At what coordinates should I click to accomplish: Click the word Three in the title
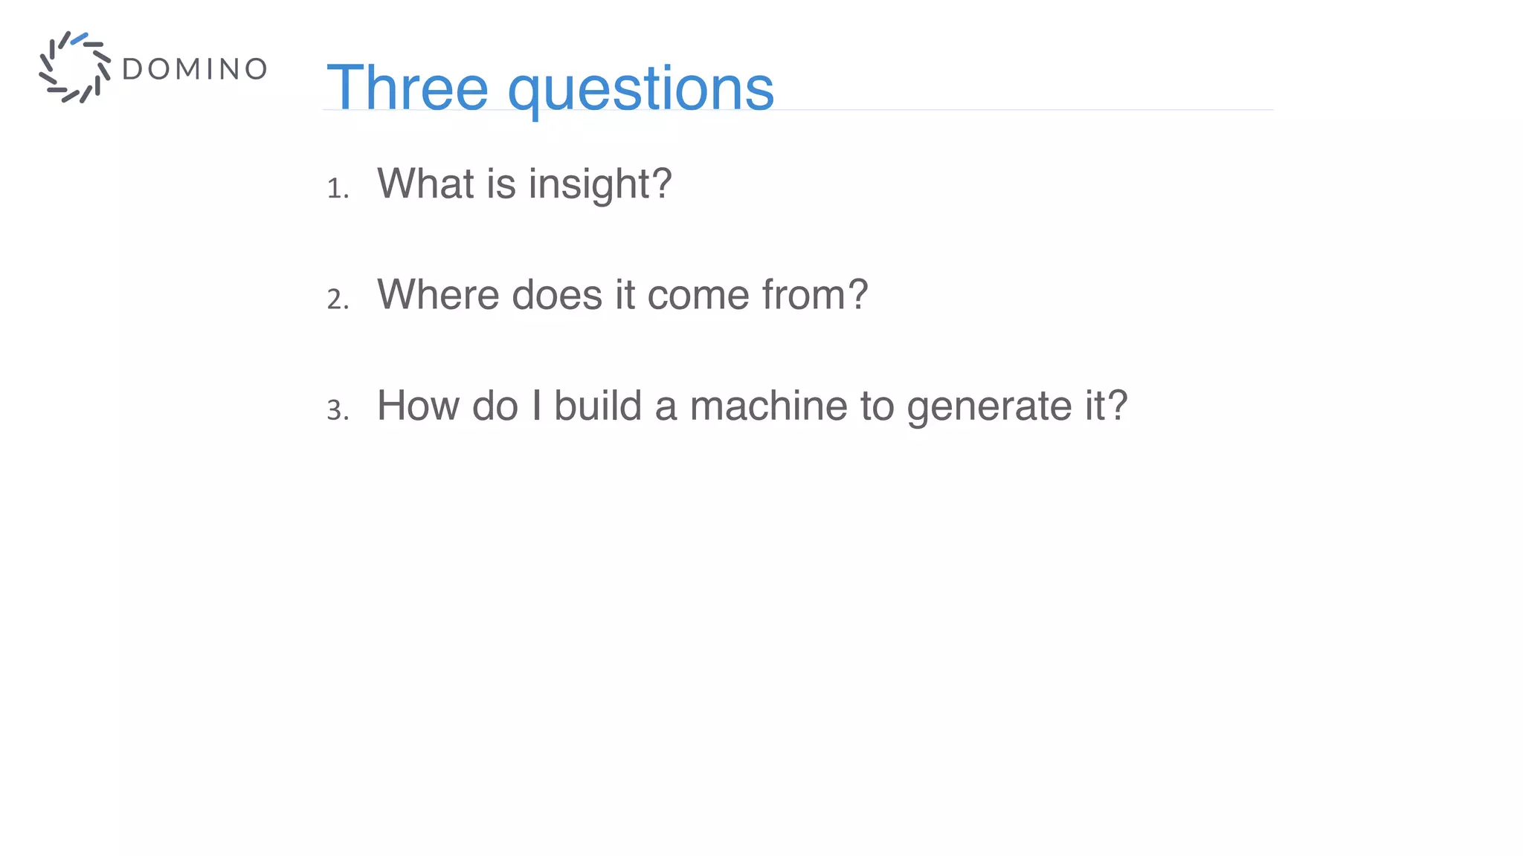click(407, 88)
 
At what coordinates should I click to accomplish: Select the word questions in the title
click(640, 90)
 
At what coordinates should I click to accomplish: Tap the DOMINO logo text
click(194, 69)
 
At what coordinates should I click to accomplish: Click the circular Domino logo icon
click(74, 68)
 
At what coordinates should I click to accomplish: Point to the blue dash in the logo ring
click(80, 38)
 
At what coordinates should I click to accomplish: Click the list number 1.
click(337, 189)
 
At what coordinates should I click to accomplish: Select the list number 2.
click(337, 299)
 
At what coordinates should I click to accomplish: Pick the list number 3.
click(337, 410)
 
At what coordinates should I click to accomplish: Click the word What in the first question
click(425, 184)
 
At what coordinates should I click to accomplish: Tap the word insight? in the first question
click(600, 185)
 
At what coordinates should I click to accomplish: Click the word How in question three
click(418, 406)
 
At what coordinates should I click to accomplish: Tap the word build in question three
click(597, 406)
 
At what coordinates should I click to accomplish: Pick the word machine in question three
click(768, 406)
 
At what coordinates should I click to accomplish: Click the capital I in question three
click(536, 406)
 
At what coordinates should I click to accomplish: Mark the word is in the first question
click(501, 184)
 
